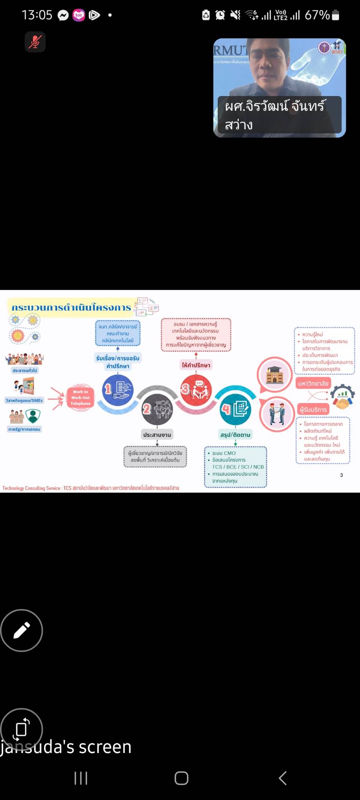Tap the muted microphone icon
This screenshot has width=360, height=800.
point(35,42)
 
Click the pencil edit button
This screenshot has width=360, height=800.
point(21,630)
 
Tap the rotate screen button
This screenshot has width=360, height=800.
point(21,729)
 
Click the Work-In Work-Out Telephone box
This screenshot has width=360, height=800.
point(80,398)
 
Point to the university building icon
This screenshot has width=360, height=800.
point(275,375)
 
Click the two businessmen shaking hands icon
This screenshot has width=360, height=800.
point(277,413)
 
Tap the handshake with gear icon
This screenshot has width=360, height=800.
point(343,397)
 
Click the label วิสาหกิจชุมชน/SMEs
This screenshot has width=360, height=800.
point(24,401)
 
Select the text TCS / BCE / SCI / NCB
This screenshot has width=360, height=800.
point(238,467)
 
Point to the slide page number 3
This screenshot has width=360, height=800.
point(342,475)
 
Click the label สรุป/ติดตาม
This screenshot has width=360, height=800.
point(235,435)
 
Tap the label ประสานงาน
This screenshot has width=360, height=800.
point(157,435)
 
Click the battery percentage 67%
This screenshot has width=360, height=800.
point(317,15)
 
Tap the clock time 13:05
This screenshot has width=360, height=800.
point(37,15)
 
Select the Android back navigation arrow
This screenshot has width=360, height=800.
point(283,778)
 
